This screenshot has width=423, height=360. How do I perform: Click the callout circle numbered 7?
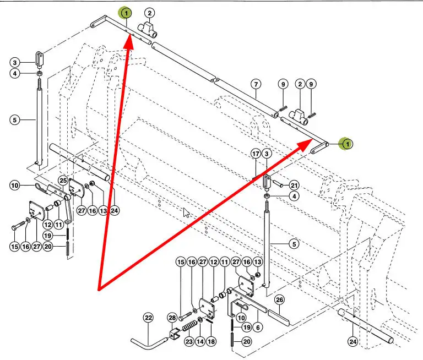point(256,84)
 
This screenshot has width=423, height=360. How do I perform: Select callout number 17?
point(256,154)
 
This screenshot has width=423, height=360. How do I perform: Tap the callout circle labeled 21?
point(294,186)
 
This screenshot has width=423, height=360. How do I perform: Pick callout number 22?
point(149,318)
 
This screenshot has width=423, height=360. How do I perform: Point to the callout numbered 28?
point(172,318)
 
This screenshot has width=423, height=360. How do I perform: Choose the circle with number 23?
point(189,342)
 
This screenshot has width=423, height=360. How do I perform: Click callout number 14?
point(200,342)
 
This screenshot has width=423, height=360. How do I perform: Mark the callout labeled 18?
point(211,342)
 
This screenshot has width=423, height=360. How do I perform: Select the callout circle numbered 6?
point(258,328)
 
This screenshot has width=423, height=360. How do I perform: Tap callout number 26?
point(279,300)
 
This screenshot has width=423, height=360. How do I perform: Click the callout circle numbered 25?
point(63,181)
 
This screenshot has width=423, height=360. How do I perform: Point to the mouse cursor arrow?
point(186,212)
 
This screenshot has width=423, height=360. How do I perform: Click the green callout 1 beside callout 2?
point(126,13)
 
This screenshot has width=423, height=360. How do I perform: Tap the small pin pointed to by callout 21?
point(278,183)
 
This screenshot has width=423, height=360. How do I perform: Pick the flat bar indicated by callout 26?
point(278,317)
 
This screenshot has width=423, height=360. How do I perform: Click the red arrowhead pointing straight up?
point(129,41)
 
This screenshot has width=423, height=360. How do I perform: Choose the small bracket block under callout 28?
point(174,334)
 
